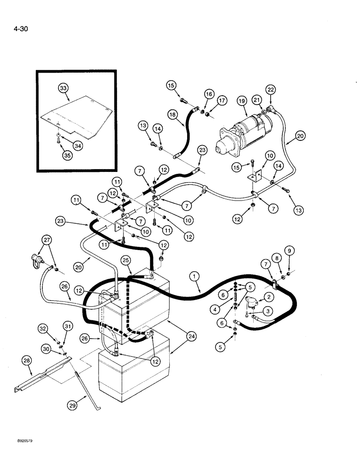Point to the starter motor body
coord(245,134)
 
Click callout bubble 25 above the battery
coord(125,260)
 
